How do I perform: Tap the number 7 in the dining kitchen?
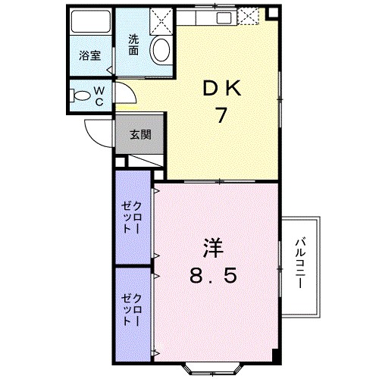[221, 117]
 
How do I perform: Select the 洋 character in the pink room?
[213, 247]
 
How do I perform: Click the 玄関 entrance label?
[139, 135]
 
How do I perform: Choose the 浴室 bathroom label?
[90, 55]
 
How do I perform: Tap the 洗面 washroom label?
[133, 46]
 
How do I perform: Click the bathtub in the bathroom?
[92, 23]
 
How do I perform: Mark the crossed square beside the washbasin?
[161, 20]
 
